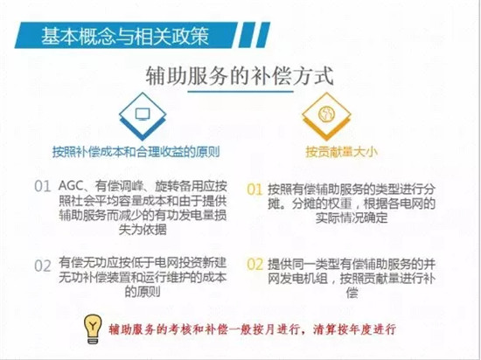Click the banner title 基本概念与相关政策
(125, 36)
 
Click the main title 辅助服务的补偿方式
(240, 76)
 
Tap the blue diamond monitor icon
(143, 116)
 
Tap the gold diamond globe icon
(326, 116)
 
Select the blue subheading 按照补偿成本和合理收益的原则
(136, 152)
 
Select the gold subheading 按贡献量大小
(341, 152)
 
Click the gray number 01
(42, 187)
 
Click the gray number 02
(42, 266)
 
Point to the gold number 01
(254, 190)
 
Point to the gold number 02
(255, 265)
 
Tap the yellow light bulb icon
(93, 329)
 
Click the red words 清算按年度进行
(354, 329)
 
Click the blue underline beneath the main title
(240, 91)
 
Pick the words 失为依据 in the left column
(143, 229)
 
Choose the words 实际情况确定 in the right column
(352, 218)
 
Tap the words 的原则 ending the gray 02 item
(143, 291)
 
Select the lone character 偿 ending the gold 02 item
(352, 293)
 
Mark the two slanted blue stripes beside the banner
(254, 35)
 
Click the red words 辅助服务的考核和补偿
(168, 329)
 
